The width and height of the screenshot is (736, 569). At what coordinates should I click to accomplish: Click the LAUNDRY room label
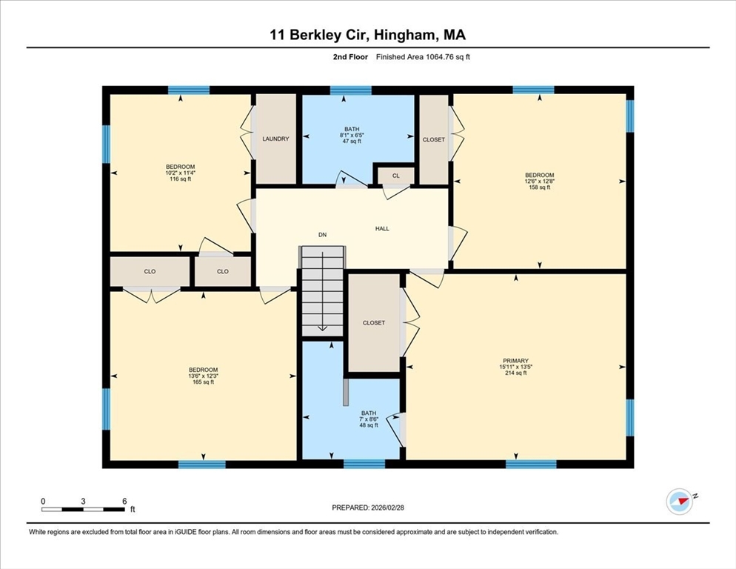click(275, 139)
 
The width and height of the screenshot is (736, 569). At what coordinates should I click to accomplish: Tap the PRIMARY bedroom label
click(513, 361)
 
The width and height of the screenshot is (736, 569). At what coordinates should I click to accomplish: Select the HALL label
click(382, 228)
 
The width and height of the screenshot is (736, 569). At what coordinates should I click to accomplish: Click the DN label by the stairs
click(322, 235)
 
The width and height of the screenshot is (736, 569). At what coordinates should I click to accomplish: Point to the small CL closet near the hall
click(395, 176)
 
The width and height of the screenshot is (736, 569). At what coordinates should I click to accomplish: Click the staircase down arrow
click(322, 327)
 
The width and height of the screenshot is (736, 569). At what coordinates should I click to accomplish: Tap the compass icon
click(679, 502)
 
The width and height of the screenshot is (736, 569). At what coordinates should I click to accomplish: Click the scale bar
click(83, 509)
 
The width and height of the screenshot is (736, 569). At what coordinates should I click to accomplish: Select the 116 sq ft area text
click(180, 179)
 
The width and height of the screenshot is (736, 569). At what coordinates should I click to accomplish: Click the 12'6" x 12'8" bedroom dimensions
click(539, 182)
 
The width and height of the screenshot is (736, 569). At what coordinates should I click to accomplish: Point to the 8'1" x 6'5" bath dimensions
click(350, 135)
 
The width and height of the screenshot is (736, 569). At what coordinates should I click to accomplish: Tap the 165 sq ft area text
click(202, 382)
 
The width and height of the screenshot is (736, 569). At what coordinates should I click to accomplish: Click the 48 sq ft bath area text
click(368, 425)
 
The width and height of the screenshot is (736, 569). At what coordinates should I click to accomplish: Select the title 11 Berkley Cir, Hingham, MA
click(368, 34)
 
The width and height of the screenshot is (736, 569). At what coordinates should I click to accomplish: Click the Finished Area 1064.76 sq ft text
click(423, 57)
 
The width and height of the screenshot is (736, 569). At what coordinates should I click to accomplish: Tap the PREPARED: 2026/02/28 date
click(368, 508)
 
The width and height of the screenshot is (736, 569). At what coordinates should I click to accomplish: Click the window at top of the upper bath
click(350, 90)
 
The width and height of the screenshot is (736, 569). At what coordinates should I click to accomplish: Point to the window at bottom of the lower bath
click(364, 464)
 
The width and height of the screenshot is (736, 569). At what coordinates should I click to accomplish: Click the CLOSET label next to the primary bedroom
click(373, 323)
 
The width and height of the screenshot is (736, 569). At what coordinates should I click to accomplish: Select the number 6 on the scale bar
click(124, 501)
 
